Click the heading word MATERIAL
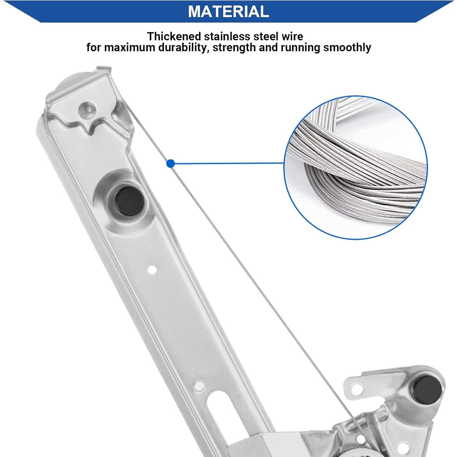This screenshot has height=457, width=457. click(x=228, y=11)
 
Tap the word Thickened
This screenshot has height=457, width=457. click(x=174, y=37)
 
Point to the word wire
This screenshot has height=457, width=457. click(x=292, y=37)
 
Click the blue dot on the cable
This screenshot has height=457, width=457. click(x=171, y=164)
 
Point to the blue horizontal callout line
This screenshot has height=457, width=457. click(x=229, y=163)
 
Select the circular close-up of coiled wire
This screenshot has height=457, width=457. click(x=355, y=167)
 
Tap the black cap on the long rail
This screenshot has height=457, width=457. click(x=129, y=201)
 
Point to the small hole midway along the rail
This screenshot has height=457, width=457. click(x=152, y=270)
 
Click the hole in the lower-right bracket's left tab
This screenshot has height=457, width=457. click(x=355, y=389)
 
